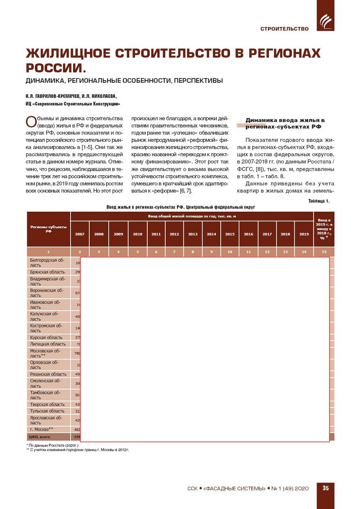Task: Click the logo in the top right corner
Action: click(325, 21)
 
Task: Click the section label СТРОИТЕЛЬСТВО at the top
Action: click(284, 29)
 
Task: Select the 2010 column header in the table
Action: click(137, 234)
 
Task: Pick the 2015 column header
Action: click(230, 234)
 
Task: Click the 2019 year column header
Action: click(304, 234)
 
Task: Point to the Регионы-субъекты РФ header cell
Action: click(48, 229)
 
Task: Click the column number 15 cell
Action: click(324, 252)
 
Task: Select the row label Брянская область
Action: click(47, 272)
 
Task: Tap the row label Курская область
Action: click(46, 337)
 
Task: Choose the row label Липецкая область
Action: click(48, 344)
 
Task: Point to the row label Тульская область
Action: click(47, 411)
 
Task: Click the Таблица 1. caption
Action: click(319, 201)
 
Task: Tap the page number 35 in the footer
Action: click(325, 488)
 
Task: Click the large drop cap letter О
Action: click(31, 122)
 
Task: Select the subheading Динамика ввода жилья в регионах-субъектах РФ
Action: click(285, 123)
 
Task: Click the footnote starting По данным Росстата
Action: click(54, 445)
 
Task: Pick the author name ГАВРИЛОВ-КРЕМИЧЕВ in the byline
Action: click(57, 96)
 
